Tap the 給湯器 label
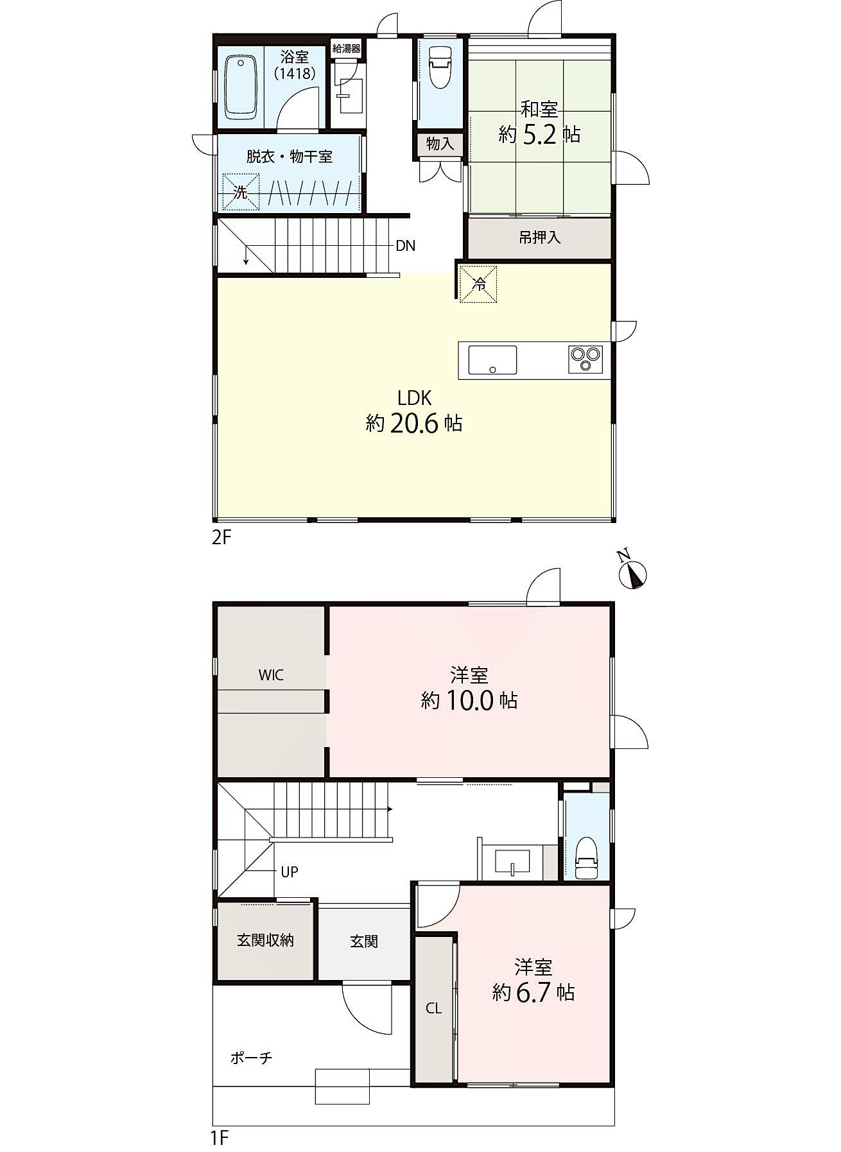tap(347, 49)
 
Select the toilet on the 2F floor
tap(440, 66)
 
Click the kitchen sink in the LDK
tap(492, 359)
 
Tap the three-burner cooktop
tap(585, 359)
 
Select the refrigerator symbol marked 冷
tap(478, 282)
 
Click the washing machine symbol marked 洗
tap(241, 192)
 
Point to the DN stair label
tap(405, 246)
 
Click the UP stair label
tap(290, 872)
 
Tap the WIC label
tap(271, 675)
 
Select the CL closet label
tap(434, 1008)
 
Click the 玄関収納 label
tap(265, 940)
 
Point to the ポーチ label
tap(252, 1058)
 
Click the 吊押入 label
tap(540, 237)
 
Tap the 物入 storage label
tap(440, 144)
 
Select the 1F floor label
tap(220, 1139)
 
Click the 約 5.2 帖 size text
tap(540, 135)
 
